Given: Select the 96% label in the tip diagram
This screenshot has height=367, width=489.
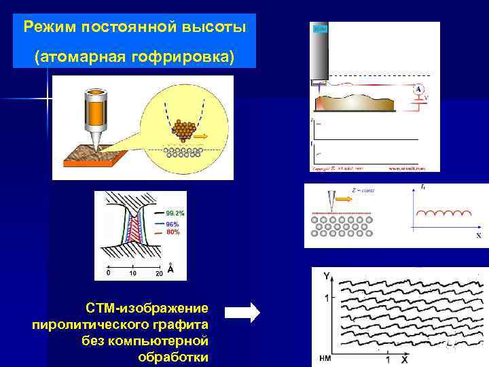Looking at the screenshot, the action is pos(172,224).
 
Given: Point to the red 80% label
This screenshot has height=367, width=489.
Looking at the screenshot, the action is pos(173,232).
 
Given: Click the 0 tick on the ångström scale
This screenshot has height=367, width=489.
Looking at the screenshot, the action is pos(108,273).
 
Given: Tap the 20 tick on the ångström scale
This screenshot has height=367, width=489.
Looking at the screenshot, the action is pos(158,273).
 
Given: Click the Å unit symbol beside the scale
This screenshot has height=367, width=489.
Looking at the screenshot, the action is pos(170,269).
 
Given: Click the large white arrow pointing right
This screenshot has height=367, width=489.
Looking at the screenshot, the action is pos(242,312).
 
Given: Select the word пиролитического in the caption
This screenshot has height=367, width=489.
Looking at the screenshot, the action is pos(120,325).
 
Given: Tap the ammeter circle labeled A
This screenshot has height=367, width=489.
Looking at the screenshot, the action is pos(419,89).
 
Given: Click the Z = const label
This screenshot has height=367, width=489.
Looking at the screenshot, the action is pos(363,190).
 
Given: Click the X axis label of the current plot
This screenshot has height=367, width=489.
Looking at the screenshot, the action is pos(478,235).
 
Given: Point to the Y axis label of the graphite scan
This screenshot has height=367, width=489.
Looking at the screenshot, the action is pos(326,275).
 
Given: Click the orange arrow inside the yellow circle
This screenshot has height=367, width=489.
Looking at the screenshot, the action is pos(202,135).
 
